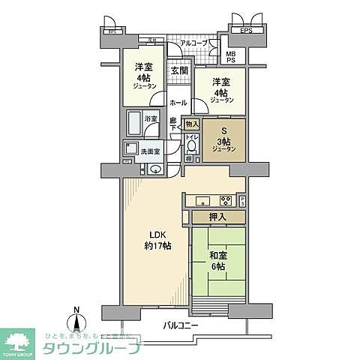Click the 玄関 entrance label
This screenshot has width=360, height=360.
coord(178,70)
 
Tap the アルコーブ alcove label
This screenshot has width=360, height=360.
coord(194,43)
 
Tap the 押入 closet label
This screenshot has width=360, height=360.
coord(218,217)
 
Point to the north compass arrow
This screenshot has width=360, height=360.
coord(76,320)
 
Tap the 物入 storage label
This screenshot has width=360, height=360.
coord(192,124)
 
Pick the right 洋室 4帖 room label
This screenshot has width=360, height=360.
coord(221,89)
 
